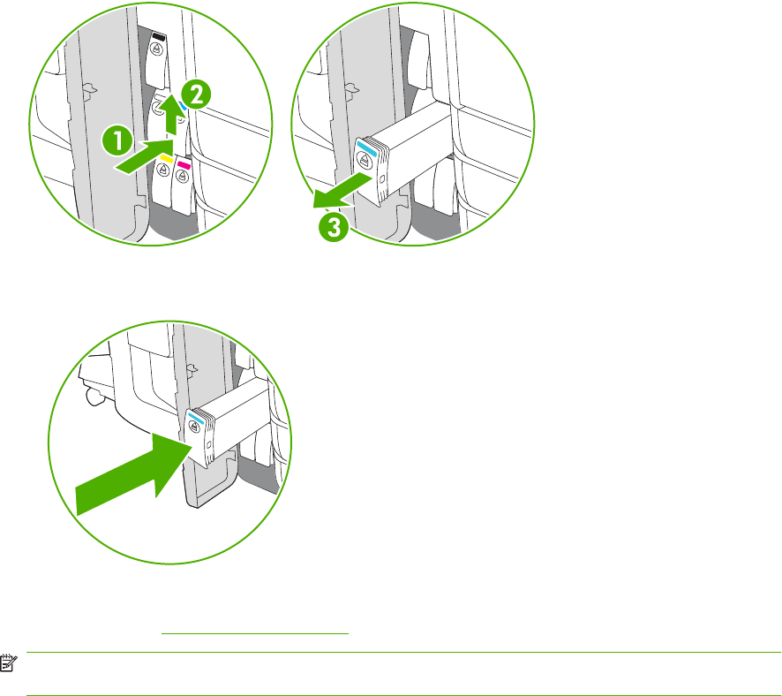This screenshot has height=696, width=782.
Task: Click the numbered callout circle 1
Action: pos(117,140)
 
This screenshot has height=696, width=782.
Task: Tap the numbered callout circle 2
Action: pos(196,95)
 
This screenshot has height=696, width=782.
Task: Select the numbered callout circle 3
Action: pos(334,228)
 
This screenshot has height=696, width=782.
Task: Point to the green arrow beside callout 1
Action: pos(144,156)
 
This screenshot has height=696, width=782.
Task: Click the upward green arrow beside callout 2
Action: pos(171,114)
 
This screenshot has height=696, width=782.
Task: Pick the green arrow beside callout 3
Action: pos(342,191)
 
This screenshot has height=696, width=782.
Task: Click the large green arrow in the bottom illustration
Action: pos(133,473)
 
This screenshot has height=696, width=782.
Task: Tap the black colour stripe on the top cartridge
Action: pos(159,37)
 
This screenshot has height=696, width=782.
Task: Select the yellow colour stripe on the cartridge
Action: pos(166,159)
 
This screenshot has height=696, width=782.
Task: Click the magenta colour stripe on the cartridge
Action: pos(184,164)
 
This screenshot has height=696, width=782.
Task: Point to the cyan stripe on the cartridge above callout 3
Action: pos(366,148)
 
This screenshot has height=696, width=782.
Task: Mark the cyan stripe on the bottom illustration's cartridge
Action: pos(196,418)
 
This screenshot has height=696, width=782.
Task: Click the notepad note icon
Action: pos(9,663)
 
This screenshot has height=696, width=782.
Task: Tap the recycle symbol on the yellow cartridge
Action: pos(162,170)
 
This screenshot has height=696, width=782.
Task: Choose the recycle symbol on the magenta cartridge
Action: pos(182,176)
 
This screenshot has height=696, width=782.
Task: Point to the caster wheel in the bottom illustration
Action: pos(94,397)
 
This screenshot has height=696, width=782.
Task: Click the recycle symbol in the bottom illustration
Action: pos(194,427)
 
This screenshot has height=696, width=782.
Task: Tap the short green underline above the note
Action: pos(255,633)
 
